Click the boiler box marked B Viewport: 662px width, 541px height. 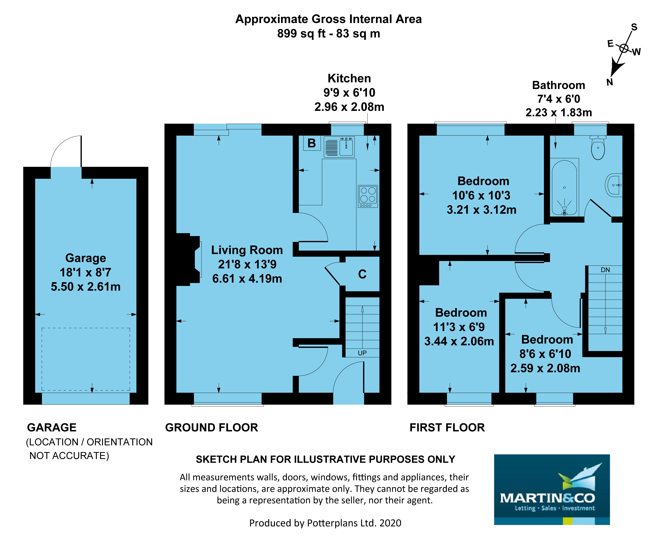pos(312,143)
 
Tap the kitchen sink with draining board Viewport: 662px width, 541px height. pos(339,146)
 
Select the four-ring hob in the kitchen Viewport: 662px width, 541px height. pos(368,196)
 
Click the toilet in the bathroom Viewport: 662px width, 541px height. pos(598,147)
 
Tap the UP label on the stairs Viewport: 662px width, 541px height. pos(362,353)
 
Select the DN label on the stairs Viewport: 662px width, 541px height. pos(605,270)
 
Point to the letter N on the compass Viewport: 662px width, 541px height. pos(610,82)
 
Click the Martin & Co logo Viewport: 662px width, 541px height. pos(552,490)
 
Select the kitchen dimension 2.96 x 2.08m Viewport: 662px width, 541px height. pos(349,107)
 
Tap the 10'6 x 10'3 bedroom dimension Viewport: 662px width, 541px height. pos(481,195)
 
